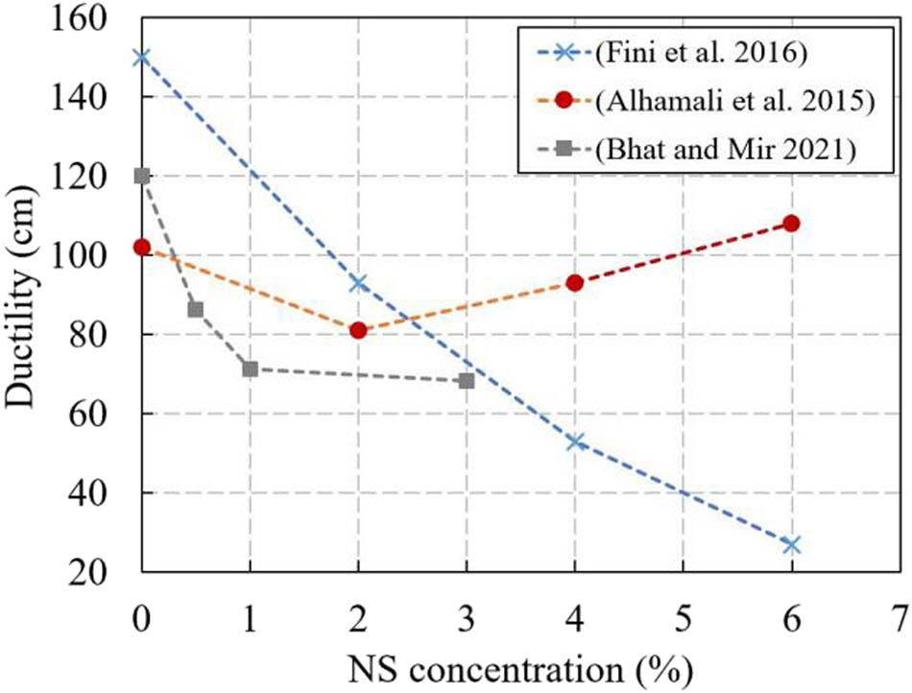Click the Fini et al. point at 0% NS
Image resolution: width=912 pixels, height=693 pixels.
click(x=142, y=57)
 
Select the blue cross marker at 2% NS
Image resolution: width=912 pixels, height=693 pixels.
click(x=359, y=282)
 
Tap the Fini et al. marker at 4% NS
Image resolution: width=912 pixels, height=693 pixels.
click(x=575, y=441)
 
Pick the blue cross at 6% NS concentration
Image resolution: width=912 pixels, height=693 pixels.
click(x=791, y=544)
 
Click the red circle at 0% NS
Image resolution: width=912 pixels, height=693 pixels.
click(x=142, y=247)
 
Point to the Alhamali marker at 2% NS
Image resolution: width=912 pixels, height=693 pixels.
click(x=359, y=330)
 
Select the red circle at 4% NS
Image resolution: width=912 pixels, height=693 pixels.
click(x=575, y=282)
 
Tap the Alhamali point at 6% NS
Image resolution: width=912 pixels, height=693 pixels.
click(x=791, y=224)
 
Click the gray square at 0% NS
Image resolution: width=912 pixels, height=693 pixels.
click(x=142, y=176)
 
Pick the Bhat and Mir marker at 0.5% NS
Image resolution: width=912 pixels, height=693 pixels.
click(x=196, y=309)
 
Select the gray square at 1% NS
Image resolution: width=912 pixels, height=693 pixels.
click(x=251, y=369)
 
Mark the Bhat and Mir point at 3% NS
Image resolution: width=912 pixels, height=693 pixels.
click(x=467, y=381)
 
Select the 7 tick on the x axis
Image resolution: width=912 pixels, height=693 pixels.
click(x=899, y=613)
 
